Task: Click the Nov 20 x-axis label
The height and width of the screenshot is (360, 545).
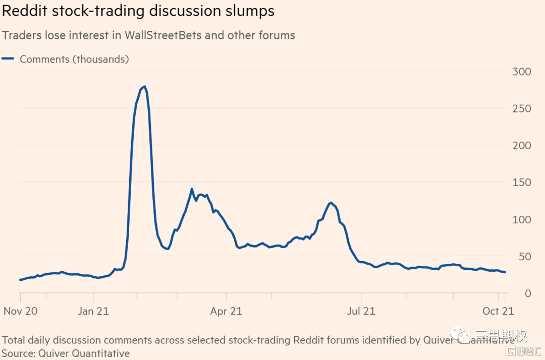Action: tap(21, 311)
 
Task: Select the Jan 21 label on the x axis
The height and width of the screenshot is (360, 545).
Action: tap(93, 311)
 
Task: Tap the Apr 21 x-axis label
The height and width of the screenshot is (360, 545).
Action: tap(226, 311)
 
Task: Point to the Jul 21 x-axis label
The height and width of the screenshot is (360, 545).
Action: tap(361, 311)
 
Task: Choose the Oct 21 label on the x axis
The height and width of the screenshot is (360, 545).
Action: tap(498, 311)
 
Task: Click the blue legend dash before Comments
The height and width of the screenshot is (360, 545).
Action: tap(8, 59)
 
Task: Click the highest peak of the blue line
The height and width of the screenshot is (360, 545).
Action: tap(145, 87)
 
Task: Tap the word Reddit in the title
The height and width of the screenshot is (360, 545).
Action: tap(23, 11)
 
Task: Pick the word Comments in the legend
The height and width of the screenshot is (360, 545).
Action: tap(44, 59)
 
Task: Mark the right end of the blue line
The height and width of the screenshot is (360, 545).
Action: tap(506, 272)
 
